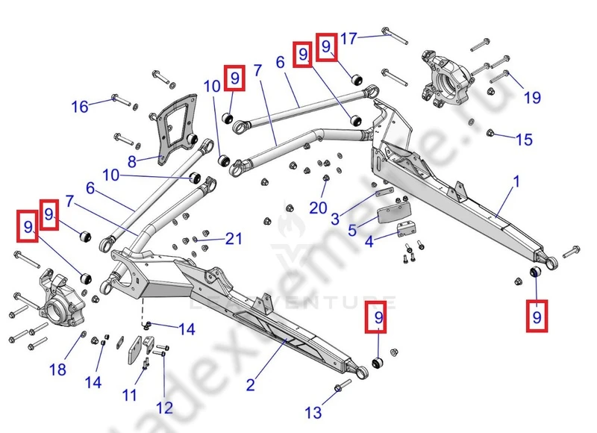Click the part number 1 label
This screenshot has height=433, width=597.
pyautogui.click(x=516, y=182)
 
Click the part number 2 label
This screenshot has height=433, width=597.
pyautogui.click(x=251, y=385)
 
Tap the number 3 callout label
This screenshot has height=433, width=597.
pyautogui.click(x=335, y=219)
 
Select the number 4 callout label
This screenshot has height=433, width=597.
pyautogui.click(x=369, y=242)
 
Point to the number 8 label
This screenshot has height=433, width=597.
pyautogui.click(x=133, y=161)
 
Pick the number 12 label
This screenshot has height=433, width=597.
pyautogui.click(x=164, y=408)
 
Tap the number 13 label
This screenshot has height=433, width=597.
pyautogui.click(x=314, y=412)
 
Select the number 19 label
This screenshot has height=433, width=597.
pyautogui.click(x=531, y=97)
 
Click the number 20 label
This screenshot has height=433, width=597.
pyautogui.click(x=319, y=208)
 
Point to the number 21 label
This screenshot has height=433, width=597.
pyautogui.click(x=234, y=239)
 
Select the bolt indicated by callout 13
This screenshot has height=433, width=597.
pyautogui.click(x=340, y=387)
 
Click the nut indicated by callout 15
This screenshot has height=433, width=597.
pyautogui.click(x=490, y=134)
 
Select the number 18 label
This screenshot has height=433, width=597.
pyautogui.click(x=57, y=370)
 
